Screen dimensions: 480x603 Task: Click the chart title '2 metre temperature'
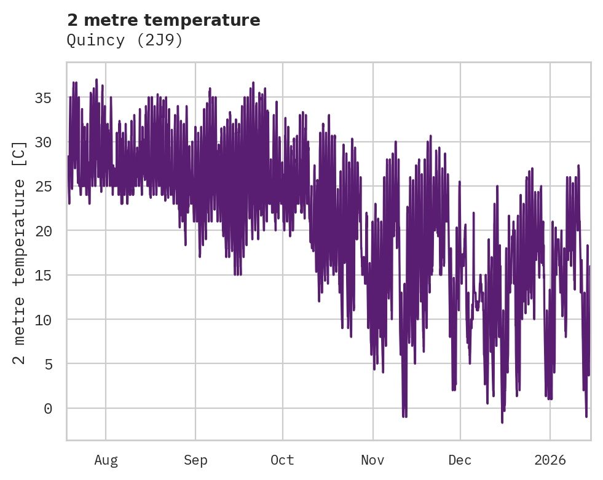(164, 20)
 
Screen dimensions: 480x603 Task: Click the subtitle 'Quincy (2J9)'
(125, 41)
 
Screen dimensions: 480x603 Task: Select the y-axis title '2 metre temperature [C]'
(20, 253)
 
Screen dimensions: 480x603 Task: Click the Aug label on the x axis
(106, 460)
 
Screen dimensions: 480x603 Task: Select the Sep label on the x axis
(195, 460)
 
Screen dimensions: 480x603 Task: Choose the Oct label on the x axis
(283, 460)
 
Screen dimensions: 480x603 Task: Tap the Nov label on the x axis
(372, 460)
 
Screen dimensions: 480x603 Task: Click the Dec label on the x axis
(460, 460)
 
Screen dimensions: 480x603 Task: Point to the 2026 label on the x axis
(550, 460)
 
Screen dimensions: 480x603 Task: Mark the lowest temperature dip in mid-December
(502, 422)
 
